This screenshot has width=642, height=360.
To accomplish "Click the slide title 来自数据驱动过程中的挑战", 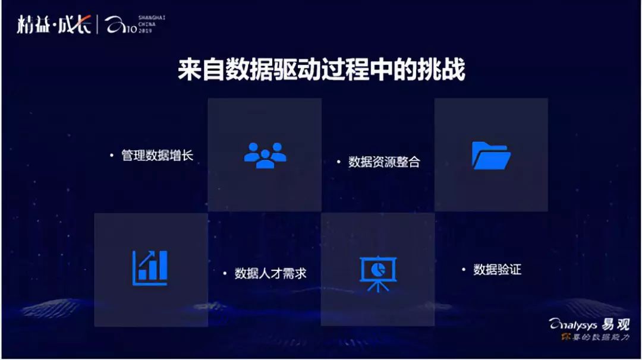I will (321, 70).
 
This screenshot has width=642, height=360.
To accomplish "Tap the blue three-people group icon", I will (265, 155).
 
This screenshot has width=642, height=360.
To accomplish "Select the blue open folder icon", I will (491, 156).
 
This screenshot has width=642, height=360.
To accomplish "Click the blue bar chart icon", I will (150, 268).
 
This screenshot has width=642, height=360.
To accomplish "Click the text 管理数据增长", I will (158, 156).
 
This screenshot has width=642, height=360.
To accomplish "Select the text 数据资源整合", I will (384, 162).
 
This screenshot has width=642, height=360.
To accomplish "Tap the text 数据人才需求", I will (270, 274).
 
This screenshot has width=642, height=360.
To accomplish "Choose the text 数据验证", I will (497, 270).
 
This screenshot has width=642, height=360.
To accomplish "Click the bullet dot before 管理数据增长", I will (111, 156).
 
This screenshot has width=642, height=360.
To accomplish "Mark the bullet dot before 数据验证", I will (464, 270).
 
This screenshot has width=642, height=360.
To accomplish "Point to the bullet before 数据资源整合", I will (338, 162).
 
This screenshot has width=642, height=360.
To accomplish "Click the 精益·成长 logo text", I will (54, 26).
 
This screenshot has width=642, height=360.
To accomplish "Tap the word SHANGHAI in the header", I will (153, 18).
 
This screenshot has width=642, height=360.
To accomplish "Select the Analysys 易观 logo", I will (588, 324).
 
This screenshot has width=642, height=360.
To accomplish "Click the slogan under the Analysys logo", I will (595, 337).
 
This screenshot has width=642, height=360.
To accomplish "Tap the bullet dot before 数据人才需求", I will (225, 274).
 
